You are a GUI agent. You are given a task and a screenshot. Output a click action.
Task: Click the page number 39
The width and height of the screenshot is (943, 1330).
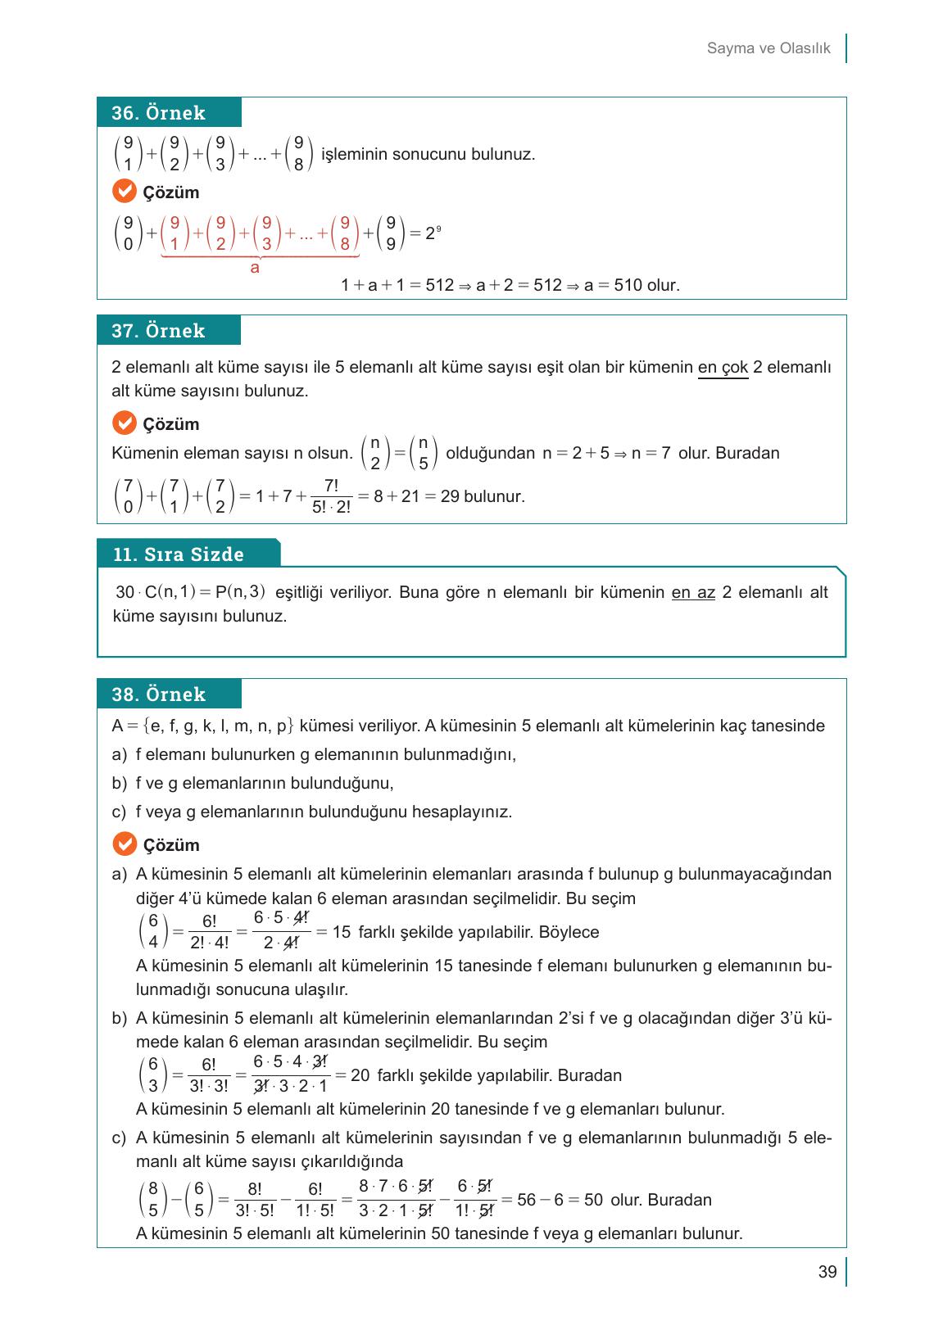(x=827, y=1272)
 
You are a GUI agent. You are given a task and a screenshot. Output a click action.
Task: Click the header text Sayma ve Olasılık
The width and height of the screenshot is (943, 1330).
(x=768, y=48)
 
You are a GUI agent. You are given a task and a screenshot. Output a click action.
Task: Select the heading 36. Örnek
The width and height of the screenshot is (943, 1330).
(x=158, y=113)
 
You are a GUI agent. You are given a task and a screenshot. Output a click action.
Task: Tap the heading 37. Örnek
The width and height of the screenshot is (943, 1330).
(x=158, y=331)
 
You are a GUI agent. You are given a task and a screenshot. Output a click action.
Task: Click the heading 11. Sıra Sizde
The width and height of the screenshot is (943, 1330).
(x=178, y=554)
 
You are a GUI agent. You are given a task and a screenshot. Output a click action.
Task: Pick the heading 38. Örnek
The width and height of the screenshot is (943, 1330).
(x=158, y=694)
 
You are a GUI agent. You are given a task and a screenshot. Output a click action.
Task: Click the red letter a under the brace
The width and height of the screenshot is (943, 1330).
(x=255, y=268)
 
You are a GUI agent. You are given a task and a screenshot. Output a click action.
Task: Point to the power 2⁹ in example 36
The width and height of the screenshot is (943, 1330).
(x=433, y=233)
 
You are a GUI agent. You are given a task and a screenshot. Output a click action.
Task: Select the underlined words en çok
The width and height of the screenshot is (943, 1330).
(x=723, y=368)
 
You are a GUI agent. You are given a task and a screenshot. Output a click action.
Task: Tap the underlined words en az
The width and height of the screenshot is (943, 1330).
(x=693, y=592)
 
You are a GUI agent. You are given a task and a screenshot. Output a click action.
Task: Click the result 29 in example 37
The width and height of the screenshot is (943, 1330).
(x=450, y=496)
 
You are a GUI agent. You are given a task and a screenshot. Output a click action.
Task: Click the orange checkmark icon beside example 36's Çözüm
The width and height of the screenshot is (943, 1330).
(x=124, y=192)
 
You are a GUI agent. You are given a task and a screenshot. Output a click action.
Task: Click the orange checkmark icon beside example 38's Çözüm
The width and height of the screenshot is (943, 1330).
(x=124, y=844)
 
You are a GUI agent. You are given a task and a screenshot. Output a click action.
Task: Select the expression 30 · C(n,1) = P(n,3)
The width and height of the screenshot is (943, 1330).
(x=190, y=592)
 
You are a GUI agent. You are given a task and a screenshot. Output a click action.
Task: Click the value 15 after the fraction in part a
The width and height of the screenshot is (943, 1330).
(x=342, y=932)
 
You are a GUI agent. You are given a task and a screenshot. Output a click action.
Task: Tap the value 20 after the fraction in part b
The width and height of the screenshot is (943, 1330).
(x=360, y=1075)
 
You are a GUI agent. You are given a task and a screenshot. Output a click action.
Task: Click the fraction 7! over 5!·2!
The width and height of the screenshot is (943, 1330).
(x=331, y=496)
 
